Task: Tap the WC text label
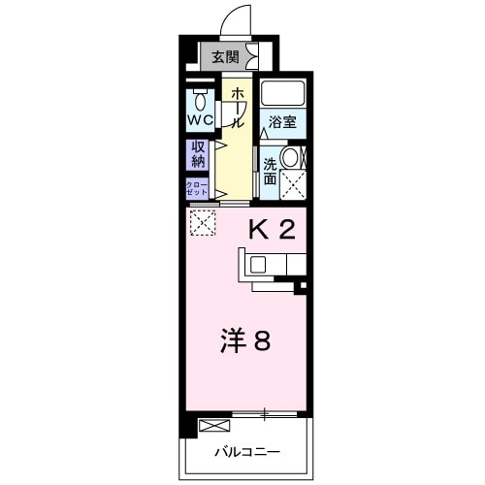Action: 201,121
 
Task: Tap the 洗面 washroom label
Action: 270,166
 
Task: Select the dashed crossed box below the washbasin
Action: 292,182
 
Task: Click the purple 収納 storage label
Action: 198,152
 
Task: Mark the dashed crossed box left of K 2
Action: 203,222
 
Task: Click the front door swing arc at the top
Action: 232,20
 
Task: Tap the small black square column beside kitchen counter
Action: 301,286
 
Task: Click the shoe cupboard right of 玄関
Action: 254,56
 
